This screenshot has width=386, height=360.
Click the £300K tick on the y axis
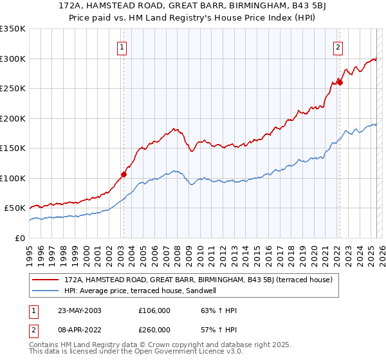pos(12,59)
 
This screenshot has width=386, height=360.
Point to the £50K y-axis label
pos(14,208)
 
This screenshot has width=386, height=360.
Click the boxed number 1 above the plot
pos(122,46)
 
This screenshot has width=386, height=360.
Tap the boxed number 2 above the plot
pos(338,46)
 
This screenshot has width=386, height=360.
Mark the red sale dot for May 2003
pos(124,174)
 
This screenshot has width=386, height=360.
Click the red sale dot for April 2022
pos(340,82)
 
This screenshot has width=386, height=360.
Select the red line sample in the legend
pos(46,280)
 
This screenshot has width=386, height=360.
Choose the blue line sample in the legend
pos(46,291)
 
